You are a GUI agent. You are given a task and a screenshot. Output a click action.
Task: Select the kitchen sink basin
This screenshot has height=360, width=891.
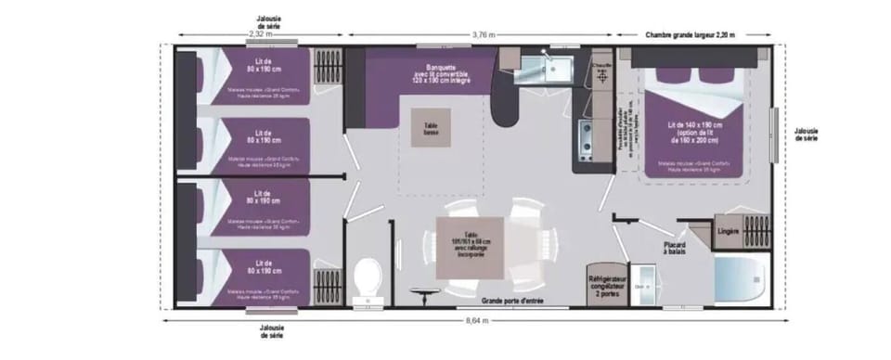point(559,67)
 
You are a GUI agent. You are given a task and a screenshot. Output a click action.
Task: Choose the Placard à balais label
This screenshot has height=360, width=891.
point(675,248)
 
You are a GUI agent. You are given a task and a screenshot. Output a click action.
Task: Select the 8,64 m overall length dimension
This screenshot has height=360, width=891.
point(473,319)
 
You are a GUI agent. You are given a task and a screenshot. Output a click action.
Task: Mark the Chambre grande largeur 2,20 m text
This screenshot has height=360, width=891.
point(690,34)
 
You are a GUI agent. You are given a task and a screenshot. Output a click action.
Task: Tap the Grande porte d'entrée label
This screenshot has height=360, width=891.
point(511,301)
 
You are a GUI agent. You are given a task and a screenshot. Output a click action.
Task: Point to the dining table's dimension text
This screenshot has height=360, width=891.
point(471,238)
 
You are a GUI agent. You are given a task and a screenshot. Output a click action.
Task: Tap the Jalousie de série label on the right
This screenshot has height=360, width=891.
point(807,134)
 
